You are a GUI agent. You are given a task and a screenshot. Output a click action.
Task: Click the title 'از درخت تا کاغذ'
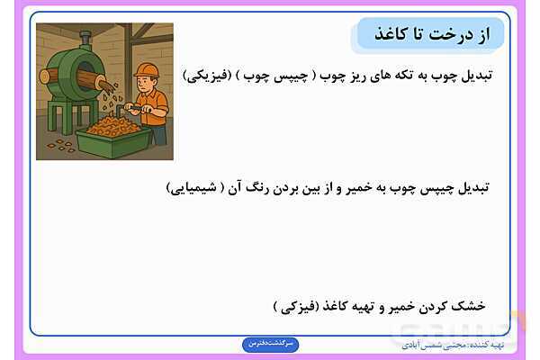(430, 32)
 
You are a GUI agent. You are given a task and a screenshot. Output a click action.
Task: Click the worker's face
(148, 83)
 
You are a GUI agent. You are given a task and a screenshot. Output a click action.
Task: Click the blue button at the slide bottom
(271, 344)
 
